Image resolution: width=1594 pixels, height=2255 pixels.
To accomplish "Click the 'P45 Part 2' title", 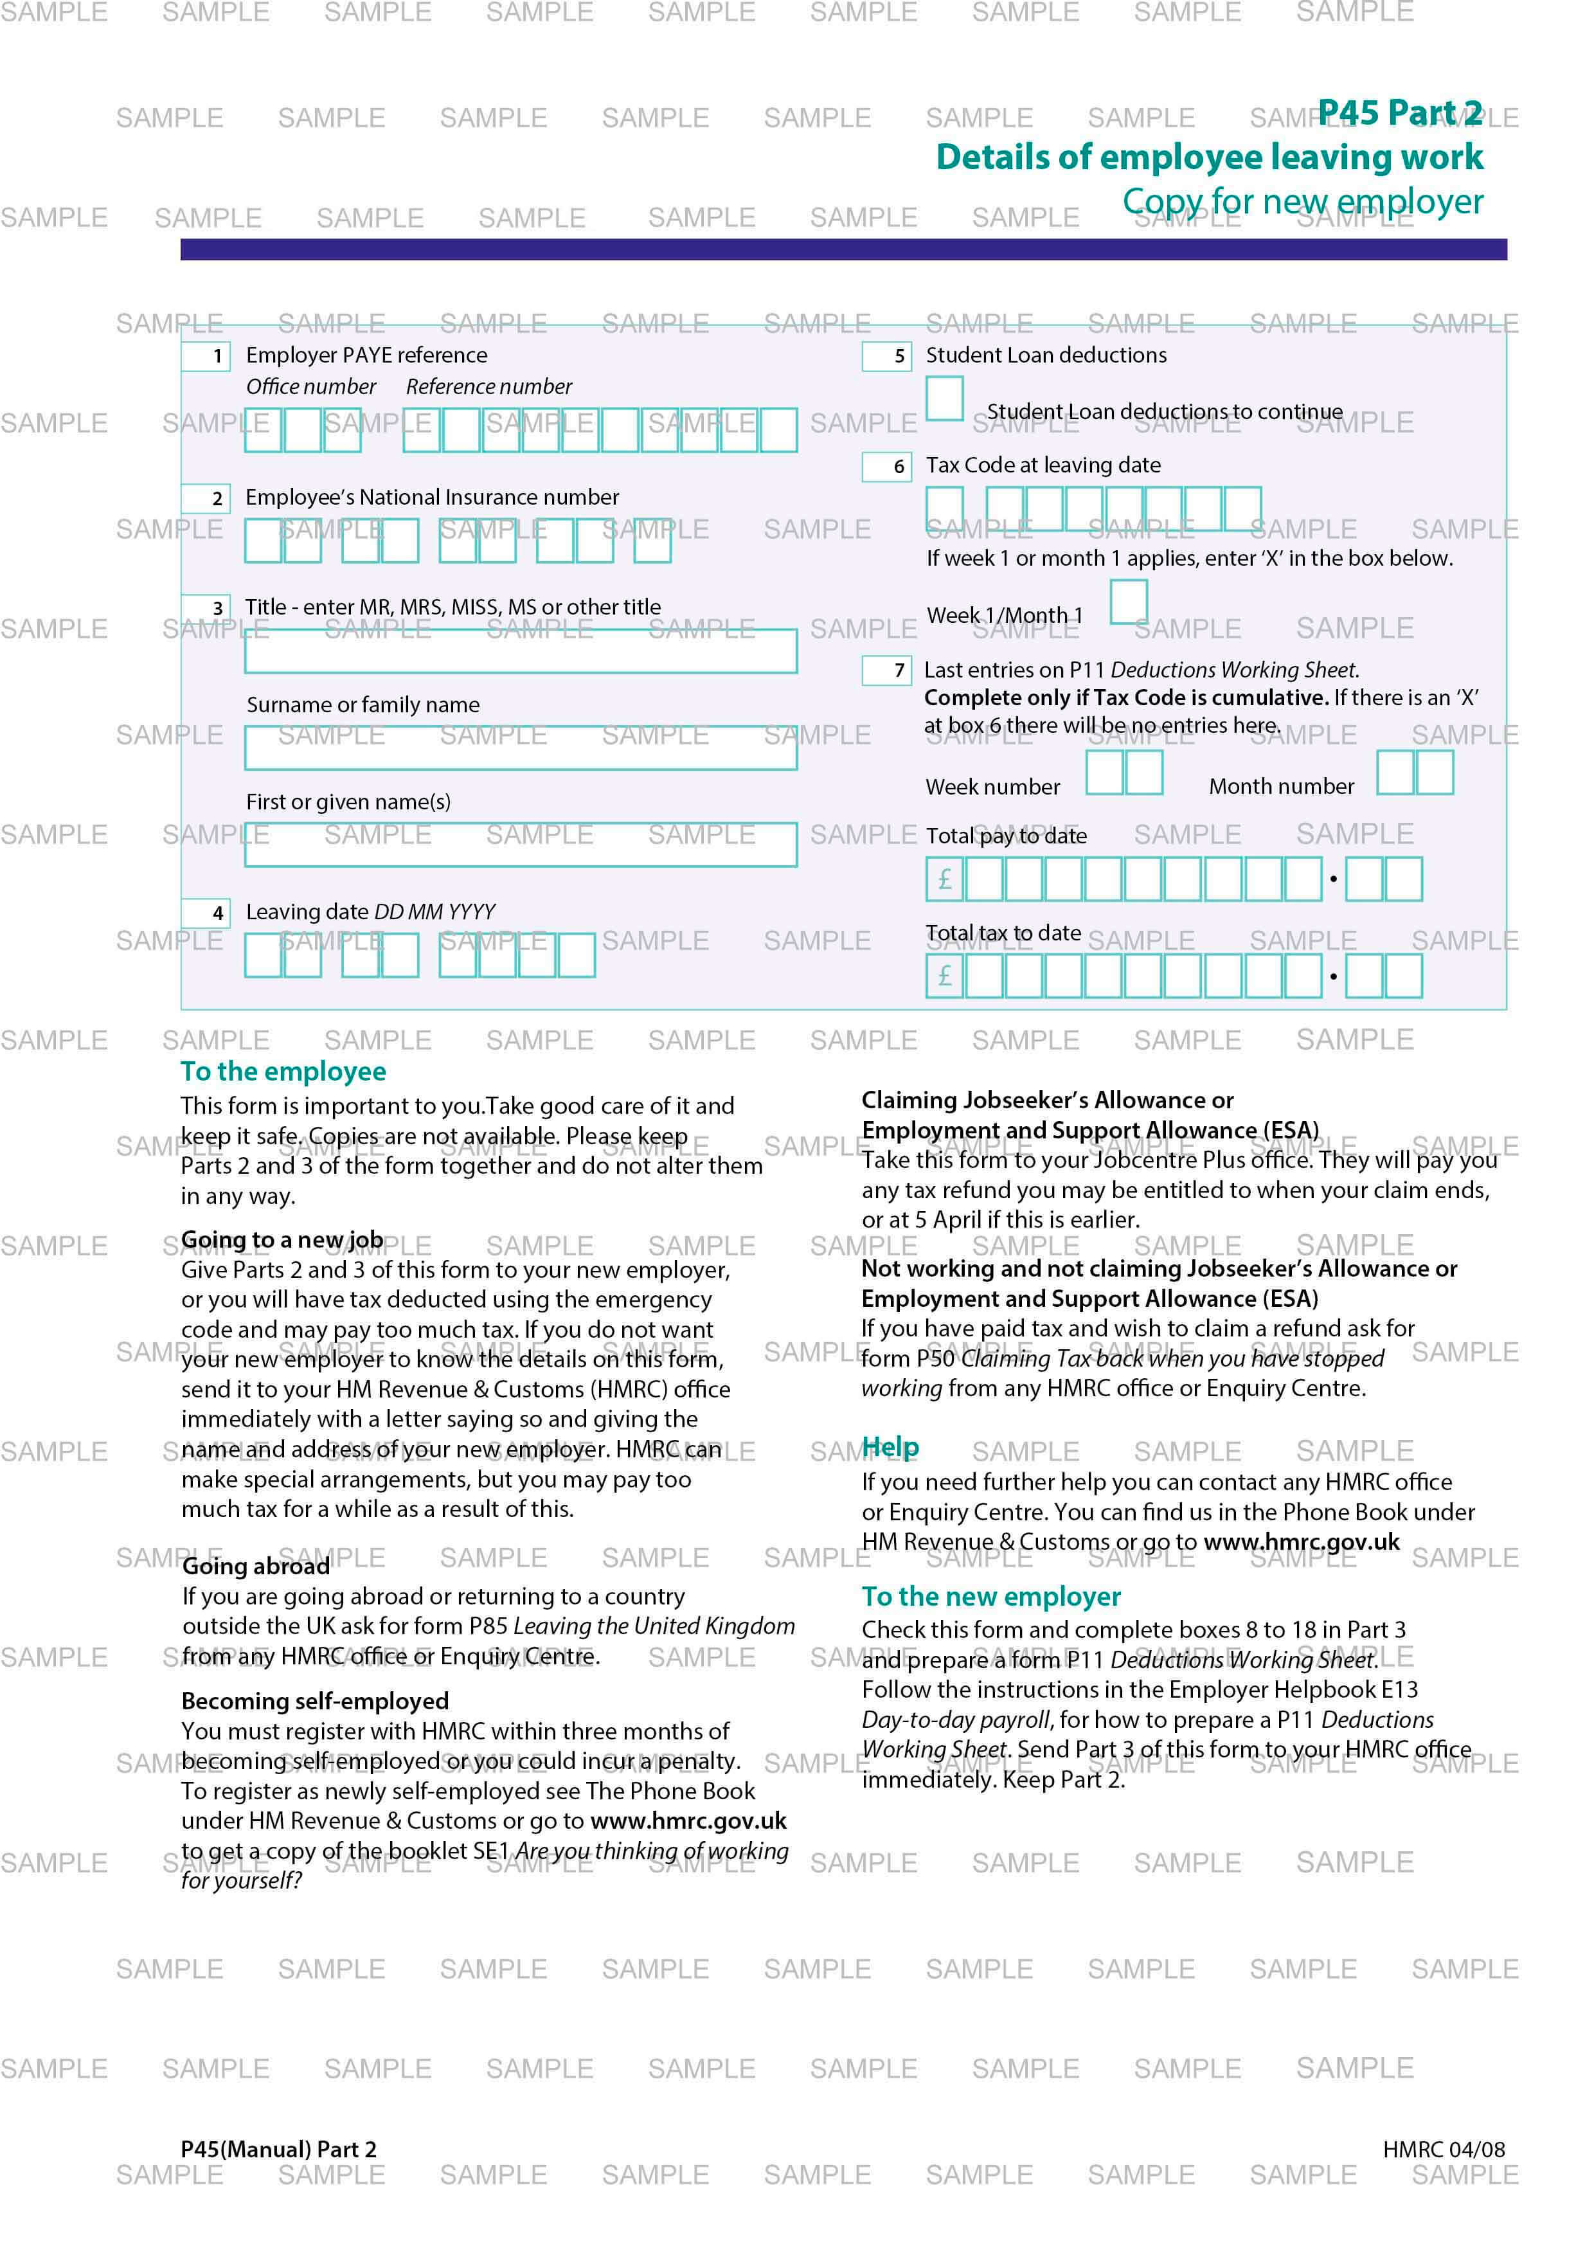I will pos(1399,113).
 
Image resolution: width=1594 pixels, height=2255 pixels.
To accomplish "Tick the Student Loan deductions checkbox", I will pos(944,399).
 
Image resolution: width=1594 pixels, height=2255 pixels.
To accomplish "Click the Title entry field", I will pos(521,651).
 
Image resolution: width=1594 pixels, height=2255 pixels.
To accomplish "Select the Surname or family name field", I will pos(521,748).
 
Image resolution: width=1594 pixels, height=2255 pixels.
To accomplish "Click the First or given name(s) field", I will pos(521,845).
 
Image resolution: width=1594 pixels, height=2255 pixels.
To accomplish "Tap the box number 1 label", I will pos(206,355).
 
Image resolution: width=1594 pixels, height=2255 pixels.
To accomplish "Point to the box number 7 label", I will pos(887,671).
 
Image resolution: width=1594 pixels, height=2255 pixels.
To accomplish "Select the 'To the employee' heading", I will pos(283,1072).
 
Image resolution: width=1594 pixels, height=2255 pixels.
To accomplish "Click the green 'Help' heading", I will pos(890,1447).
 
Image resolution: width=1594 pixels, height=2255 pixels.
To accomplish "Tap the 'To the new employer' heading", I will pos(991,1597).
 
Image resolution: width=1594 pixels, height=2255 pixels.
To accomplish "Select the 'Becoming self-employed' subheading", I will pos(315,1701).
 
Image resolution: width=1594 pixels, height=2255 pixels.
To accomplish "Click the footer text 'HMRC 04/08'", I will pos(1443,2149).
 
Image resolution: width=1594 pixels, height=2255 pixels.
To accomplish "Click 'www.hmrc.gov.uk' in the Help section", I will pos(1302,1542).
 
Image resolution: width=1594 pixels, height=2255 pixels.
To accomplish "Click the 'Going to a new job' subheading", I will pos(282,1241).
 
